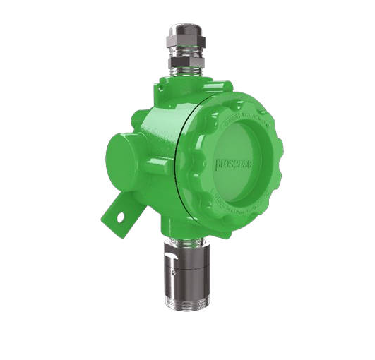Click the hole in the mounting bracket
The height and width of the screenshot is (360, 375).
pyautogui.click(x=120, y=210)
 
